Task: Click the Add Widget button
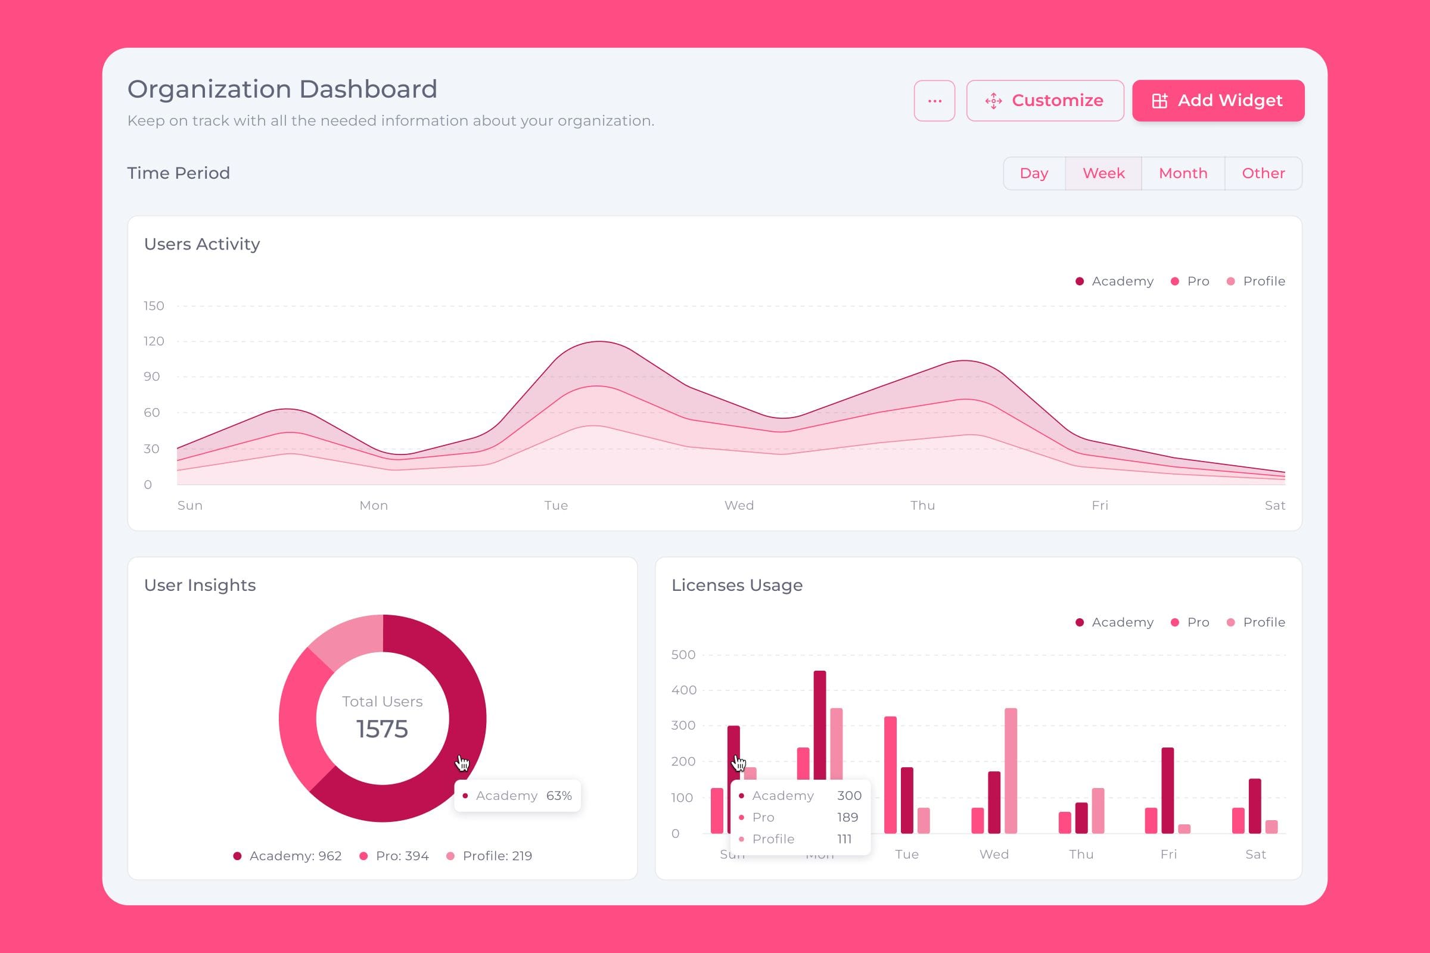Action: (1218, 100)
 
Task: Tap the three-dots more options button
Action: (934, 101)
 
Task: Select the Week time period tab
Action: (1103, 173)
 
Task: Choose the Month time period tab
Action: (1183, 173)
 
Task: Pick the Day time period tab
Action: (1034, 173)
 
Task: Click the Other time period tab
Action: (1263, 173)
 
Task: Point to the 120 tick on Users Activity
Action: (154, 341)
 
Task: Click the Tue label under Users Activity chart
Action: (556, 505)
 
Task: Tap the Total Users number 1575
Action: (382, 728)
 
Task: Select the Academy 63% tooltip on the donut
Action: (517, 796)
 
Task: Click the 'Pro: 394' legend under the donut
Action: (394, 856)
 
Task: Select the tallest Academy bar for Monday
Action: (820, 723)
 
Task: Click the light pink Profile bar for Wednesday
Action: (1011, 770)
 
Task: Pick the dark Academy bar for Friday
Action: (1167, 790)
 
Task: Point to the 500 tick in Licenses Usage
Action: (683, 655)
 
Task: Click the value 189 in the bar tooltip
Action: (847, 817)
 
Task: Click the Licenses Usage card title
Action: (737, 585)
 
